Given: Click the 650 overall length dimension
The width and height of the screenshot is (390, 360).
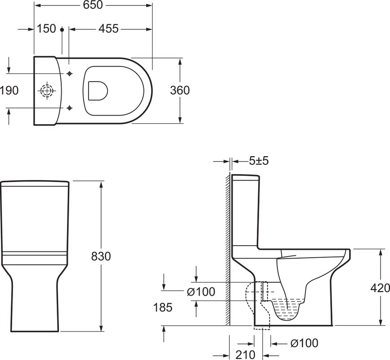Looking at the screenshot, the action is (93, 5).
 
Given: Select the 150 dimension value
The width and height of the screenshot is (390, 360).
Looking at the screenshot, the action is (46, 29).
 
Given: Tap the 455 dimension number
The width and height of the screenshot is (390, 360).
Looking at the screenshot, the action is (108, 29).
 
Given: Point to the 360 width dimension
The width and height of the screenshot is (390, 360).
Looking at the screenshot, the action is (180, 90).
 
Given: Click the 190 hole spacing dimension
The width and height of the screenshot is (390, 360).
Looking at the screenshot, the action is (9, 90).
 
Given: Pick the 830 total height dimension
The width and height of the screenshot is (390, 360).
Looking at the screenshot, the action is (101, 256).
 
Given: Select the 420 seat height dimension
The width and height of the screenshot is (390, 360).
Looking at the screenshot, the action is (380, 288).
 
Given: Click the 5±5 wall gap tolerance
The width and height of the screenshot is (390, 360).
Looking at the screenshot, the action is (259, 161).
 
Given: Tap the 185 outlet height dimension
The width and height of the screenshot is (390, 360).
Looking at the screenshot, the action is (163, 307).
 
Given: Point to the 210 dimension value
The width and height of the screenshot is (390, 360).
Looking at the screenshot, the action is (245, 355).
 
